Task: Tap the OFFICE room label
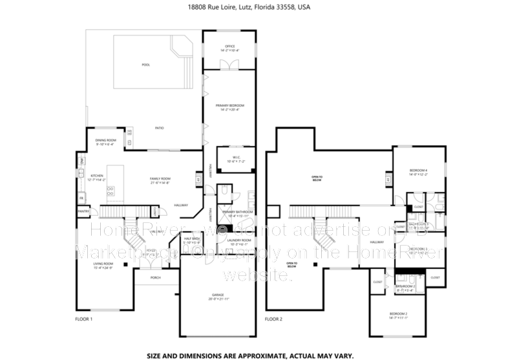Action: coord(229,47)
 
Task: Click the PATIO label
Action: coord(159,128)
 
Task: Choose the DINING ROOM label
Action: coord(106,140)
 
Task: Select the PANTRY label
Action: coord(83,211)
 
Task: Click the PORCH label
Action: coord(155,278)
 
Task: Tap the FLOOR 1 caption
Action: coord(84,319)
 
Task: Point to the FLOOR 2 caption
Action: coord(274,319)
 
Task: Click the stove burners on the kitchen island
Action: coord(110,191)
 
